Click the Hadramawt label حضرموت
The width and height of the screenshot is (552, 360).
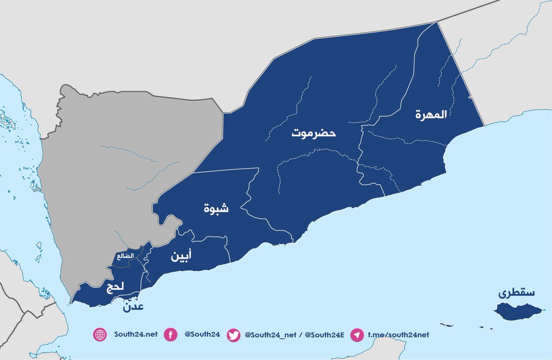point(314,134)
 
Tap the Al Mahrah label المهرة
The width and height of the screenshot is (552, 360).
point(430,115)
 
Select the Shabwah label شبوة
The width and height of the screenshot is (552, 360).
point(216,208)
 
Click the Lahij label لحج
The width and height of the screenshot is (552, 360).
point(113,288)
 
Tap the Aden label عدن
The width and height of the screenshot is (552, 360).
point(134,307)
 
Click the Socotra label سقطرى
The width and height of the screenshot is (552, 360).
point(516,293)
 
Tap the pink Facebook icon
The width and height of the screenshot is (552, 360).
point(170,335)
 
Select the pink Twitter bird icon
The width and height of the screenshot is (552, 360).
point(233,335)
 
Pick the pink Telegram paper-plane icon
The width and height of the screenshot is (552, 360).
point(356,335)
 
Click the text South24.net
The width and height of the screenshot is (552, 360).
point(134,335)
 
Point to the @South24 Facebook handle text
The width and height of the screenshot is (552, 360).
point(198,335)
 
